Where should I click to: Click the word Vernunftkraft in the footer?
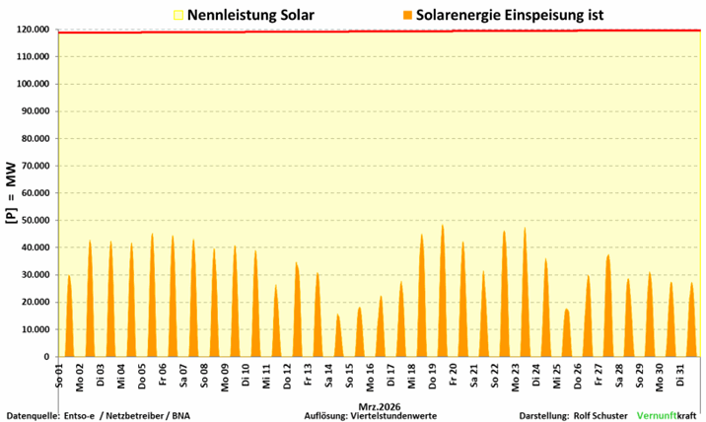tap(669, 415)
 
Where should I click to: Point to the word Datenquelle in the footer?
tap(33, 415)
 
